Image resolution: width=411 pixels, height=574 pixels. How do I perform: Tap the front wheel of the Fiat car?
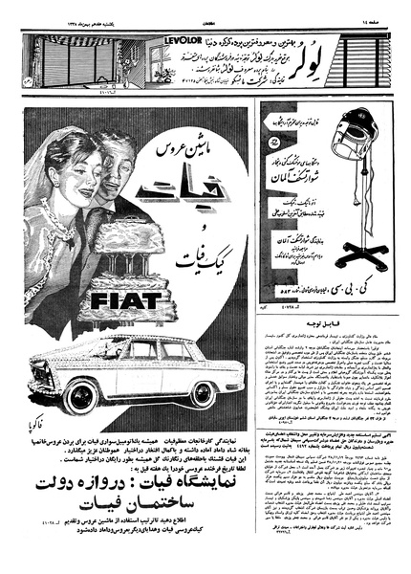84,395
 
